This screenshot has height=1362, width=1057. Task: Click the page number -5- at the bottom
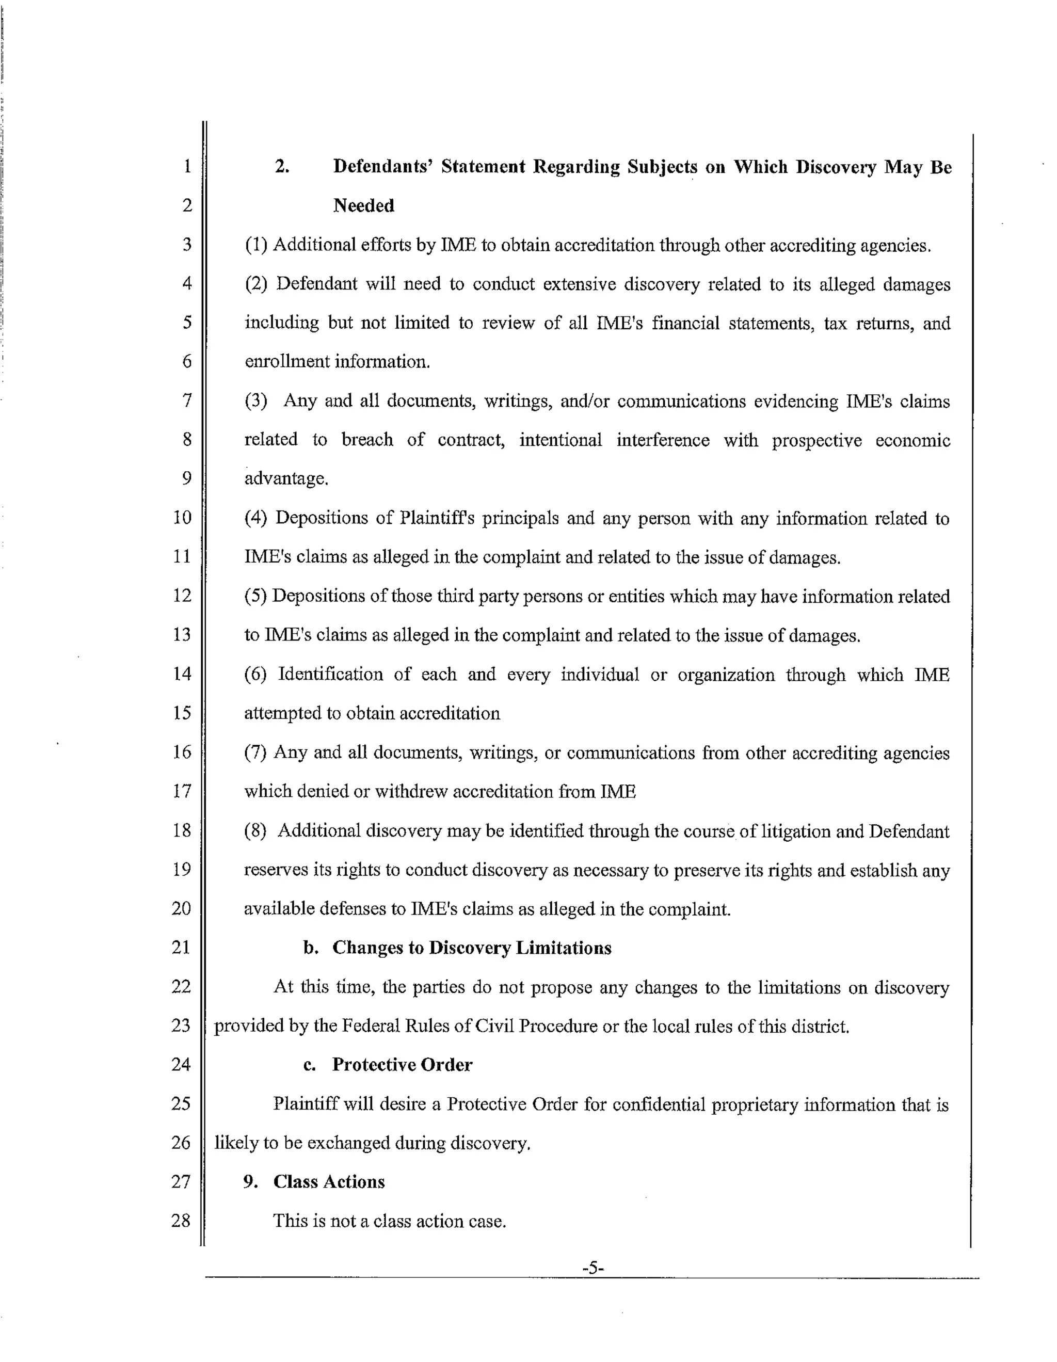point(593,1267)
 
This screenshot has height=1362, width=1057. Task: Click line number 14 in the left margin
point(182,674)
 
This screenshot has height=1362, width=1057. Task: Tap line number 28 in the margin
point(181,1220)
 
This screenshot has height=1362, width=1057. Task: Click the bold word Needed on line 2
point(363,205)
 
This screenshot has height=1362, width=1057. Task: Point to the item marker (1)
point(255,245)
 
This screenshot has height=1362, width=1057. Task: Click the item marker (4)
point(255,518)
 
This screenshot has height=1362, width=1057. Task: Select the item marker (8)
point(255,831)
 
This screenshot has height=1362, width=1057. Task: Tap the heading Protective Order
point(402,1065)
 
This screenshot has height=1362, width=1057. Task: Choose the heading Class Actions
point(329,1182)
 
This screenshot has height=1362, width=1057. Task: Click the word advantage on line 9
point(285,479)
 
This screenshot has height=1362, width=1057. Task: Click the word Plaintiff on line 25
point(306,1104)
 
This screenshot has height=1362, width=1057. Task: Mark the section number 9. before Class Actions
point(251,1182)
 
